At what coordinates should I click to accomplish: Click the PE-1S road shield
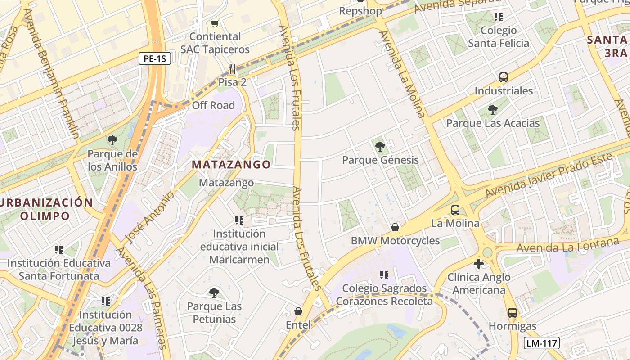pos(154,58)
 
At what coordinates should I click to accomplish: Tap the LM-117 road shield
pos(542,343)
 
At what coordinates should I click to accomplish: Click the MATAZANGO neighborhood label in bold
pos(231,165)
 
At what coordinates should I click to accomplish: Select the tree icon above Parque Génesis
pos(380,146)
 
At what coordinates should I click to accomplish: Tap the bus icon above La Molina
pos(455,210)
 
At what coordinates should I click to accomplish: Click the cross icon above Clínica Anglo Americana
pos(479,264)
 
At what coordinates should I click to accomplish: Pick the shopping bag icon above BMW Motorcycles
pos(395,227)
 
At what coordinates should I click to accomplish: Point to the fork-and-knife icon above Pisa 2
pos(232,69)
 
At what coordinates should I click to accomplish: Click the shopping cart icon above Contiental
pos(215,23)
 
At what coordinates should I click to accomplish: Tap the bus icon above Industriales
pos(504,77)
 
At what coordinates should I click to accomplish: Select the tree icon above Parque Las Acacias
pos(493,109)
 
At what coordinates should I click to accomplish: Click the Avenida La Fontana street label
pos(567,246)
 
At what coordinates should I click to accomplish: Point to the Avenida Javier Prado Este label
pos(549,175)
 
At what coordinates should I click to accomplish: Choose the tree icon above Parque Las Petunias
pos(214,293)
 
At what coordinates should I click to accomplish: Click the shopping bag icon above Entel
pos(298,311)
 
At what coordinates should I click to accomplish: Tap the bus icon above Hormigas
pos(513,313)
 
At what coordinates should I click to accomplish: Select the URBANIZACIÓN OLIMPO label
pos(46,209)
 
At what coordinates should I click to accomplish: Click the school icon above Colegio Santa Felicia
pos(498,17)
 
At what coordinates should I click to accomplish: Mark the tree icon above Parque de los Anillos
pos(112,141)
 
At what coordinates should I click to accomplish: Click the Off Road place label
pos(213,105)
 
